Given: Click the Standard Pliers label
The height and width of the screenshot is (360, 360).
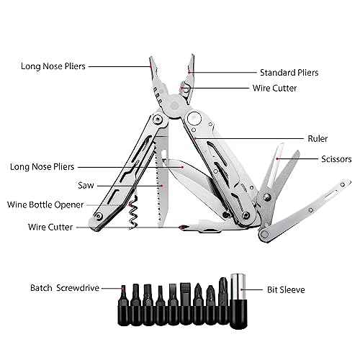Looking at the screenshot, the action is coord(289,73).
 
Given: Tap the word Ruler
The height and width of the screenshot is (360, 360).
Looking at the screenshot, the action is coord(318,138).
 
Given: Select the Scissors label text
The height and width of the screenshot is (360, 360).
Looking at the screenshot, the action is coord(336,159).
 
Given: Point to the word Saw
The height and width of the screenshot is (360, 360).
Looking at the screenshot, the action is coord(86,185).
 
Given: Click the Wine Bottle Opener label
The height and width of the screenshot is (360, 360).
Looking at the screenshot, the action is coord(45,204).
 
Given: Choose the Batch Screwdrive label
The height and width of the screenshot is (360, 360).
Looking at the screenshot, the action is coord(65,288).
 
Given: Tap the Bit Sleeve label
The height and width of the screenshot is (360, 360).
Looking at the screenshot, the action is coord(286,289).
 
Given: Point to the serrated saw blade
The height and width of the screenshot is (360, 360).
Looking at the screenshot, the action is coord(161,180).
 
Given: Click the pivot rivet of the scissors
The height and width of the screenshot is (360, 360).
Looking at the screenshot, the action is coord(266,197).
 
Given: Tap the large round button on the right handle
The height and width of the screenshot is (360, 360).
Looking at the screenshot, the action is coord(194,118).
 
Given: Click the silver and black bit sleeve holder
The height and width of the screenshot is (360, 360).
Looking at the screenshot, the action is coord(238,301).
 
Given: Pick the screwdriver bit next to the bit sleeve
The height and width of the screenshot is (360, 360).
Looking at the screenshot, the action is coord(223,301).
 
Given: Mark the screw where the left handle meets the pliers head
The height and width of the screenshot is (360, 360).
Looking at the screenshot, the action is coord(157,119).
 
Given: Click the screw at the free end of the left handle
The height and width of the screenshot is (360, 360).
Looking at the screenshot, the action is coord(99,217).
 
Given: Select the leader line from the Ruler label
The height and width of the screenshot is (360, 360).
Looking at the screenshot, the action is coord(250,138).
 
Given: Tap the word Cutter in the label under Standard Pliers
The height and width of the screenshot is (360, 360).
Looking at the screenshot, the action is coord(284,88).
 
